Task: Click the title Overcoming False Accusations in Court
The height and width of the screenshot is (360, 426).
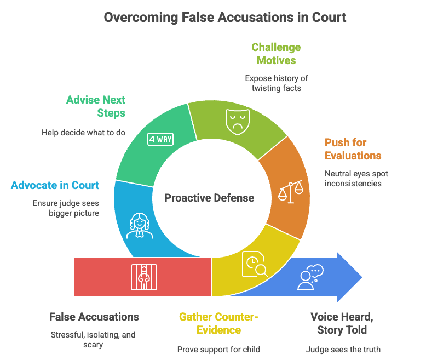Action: [x=224, y=17]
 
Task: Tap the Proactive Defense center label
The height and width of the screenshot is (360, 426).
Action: [x=210, y=198]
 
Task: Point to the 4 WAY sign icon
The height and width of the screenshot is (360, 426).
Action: [x=160, y=139]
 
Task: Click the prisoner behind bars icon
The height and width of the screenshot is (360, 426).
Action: [x=142, y=276]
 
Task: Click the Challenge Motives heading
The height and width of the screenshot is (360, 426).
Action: [x=276, y=54]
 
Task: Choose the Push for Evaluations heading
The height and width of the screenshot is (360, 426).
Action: [x=353, y=149]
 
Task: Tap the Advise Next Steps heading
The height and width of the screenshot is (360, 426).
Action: [x=95, y=106]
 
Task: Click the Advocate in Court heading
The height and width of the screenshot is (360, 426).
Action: [x=55, y=185]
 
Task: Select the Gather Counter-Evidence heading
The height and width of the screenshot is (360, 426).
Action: [x=218, y=323]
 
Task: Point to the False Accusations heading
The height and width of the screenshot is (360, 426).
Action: [x=94, y=317]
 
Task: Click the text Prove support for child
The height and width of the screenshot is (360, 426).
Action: [x=218, y=349]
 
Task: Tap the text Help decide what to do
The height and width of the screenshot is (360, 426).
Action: [x=83, y=132]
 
